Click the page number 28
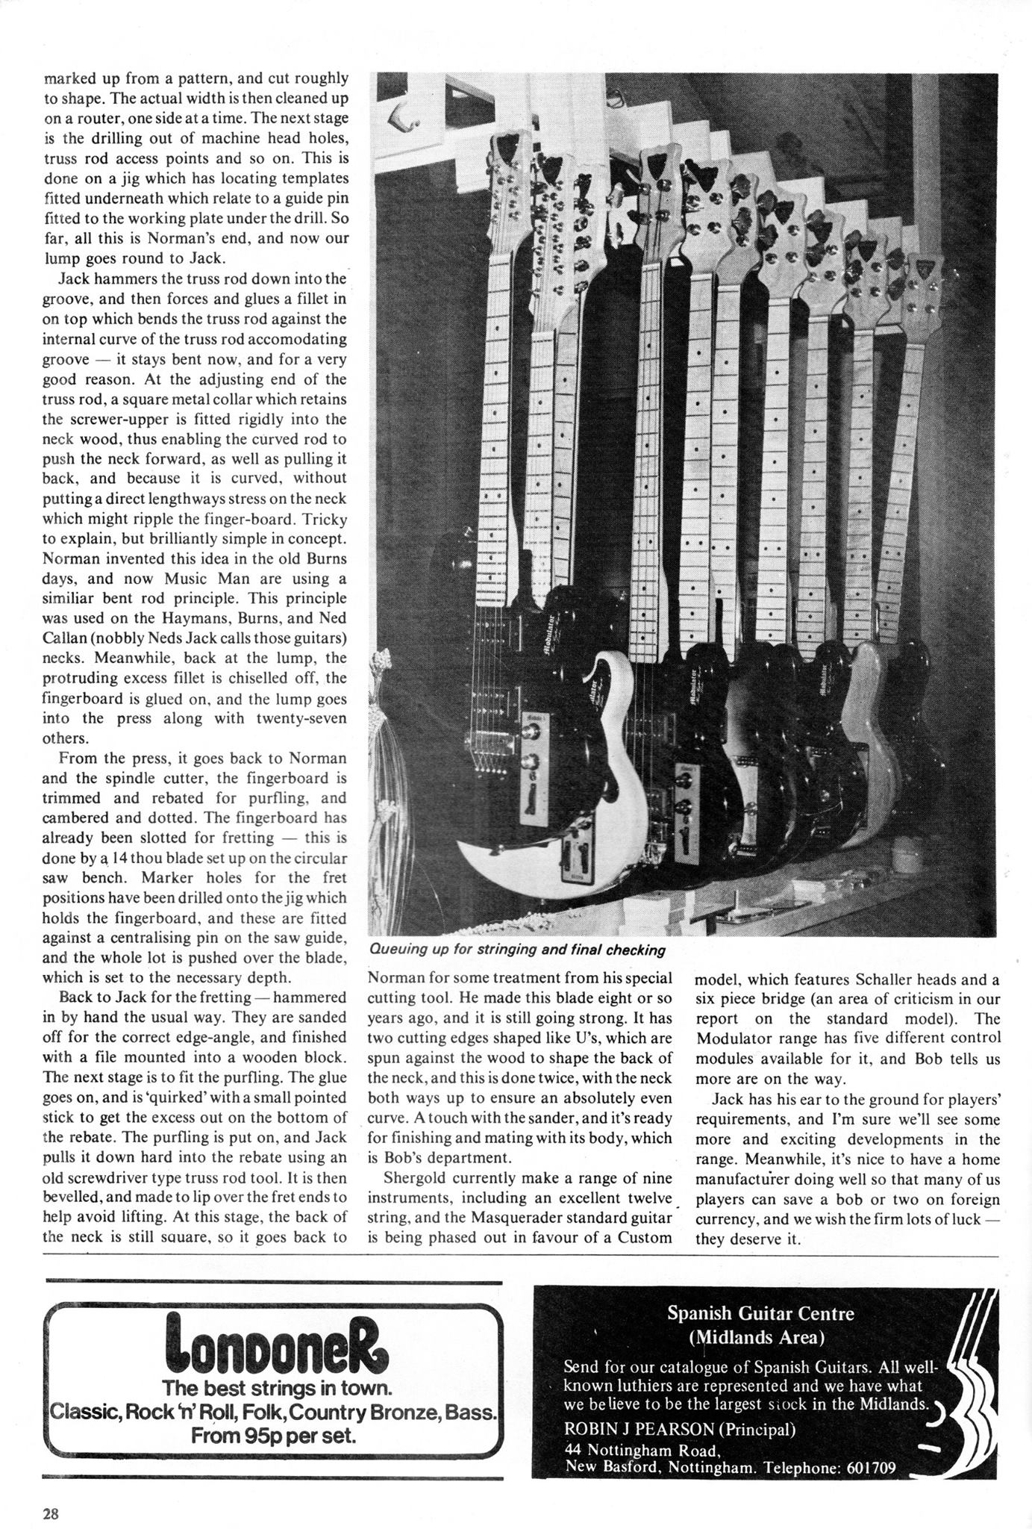[51, 1514]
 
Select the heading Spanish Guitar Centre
[760, 1312]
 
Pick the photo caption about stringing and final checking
[517, 950]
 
